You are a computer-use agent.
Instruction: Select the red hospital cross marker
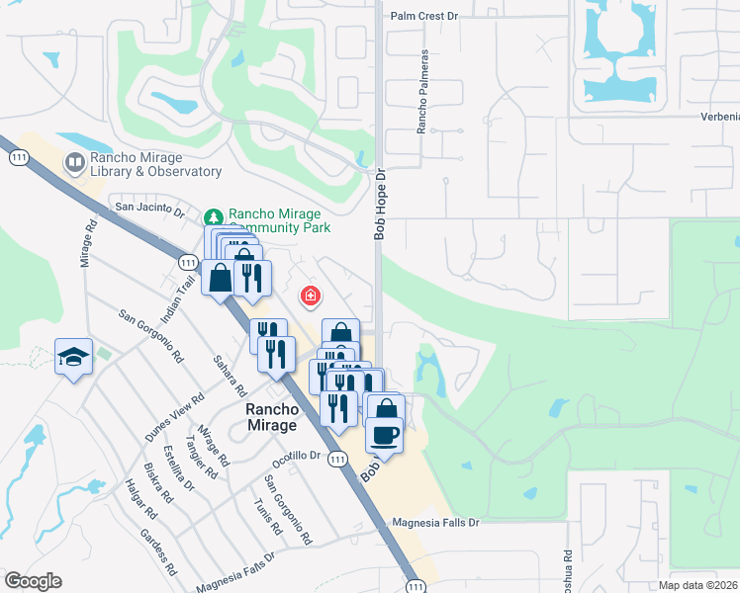coord(311,296)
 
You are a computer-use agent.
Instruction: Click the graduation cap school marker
coord(73,356)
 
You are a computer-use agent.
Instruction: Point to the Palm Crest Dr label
coord(426,16)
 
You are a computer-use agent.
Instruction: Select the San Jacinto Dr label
coord(150,208)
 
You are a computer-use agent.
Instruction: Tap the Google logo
coord(32,581)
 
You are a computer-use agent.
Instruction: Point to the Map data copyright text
coord(697,585)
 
